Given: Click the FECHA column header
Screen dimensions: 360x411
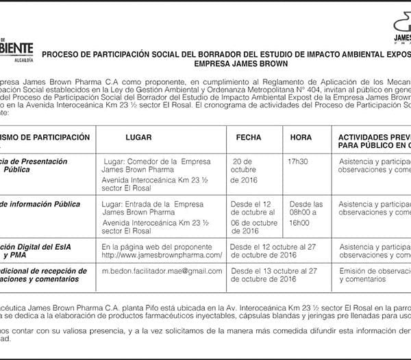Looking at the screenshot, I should tap(248, 138).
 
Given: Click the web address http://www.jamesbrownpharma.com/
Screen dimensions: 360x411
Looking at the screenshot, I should tap(162, 255).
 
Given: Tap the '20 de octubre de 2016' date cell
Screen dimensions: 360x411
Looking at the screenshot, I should tap(245, 170).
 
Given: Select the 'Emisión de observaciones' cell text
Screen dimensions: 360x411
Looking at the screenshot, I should tap(374, 271).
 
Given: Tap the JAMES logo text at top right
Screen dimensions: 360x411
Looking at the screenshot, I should tap(402, 38).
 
